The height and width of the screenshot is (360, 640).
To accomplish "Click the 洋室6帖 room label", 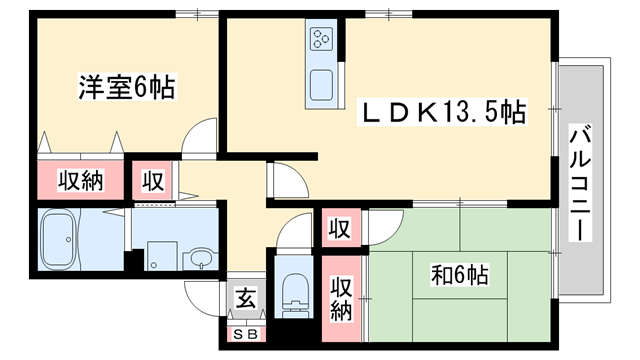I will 126,88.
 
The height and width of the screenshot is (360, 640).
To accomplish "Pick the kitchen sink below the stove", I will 322,86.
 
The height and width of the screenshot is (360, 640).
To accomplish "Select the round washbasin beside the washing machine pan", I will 201,257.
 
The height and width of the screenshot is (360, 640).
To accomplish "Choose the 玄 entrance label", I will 245,298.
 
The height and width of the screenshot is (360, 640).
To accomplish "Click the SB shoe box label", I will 244,334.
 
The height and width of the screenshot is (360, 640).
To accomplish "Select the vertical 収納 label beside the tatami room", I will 341,298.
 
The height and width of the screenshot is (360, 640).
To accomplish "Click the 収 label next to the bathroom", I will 152,181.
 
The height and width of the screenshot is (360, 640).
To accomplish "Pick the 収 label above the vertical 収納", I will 340,228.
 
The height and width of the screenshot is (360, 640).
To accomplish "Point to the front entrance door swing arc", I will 200,298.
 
